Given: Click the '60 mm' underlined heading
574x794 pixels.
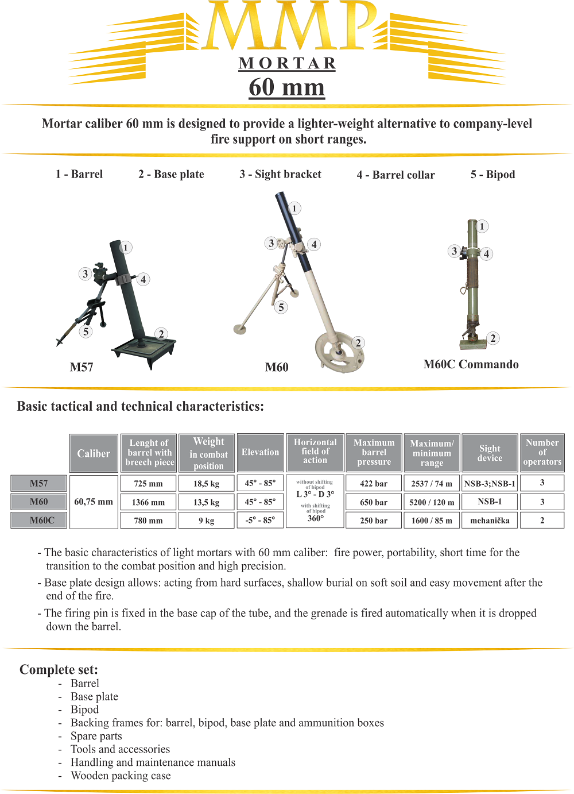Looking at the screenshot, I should (x=287, y=87).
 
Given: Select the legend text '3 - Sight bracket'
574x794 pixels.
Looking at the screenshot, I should (x=280, y=174).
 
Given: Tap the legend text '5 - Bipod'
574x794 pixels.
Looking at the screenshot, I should (x=492, y=174).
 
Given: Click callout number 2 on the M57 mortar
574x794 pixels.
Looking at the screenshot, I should (x=161, y=334).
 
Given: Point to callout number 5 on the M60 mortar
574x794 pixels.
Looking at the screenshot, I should (x=281, y=307).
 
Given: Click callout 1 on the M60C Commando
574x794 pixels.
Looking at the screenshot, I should (x=482, y=226).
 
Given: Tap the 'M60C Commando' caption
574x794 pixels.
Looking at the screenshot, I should (x=471, y=364).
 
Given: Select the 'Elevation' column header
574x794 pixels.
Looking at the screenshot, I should (x=260, y=452).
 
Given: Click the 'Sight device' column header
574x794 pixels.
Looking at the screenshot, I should (x=490, y=453).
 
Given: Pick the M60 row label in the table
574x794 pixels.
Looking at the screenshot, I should (x=39, y=502).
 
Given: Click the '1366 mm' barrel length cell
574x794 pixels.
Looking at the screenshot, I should (x=148, y=502).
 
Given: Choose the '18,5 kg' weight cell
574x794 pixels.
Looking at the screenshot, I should (x=207, y=484).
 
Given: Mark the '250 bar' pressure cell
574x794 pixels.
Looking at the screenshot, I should (x=374, y=521).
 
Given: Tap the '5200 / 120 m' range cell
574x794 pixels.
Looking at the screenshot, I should (x=432, y=502).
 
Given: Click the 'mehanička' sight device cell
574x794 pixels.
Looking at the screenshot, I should (x=490, y=521).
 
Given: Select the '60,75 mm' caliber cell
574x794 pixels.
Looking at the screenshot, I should (x=94, y=502).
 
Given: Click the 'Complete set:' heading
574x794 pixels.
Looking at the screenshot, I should (x=59, y=669).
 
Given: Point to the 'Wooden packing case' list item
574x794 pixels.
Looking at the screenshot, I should (x=121, y=776).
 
